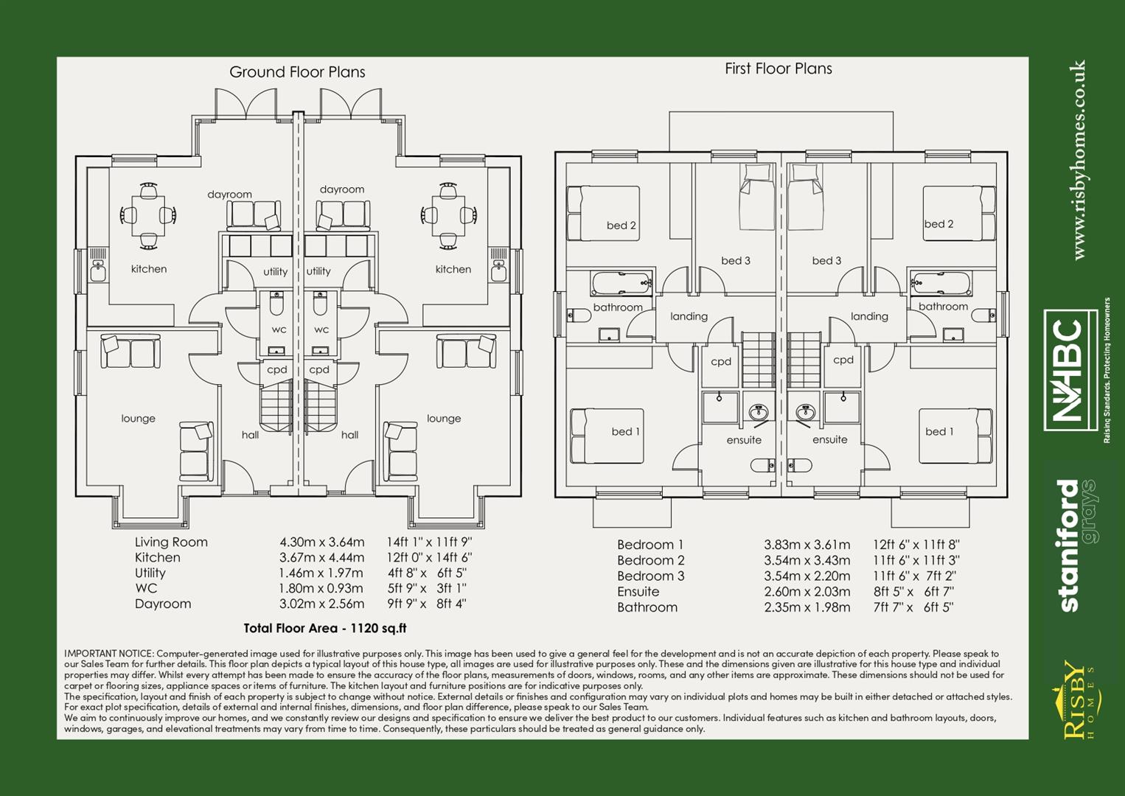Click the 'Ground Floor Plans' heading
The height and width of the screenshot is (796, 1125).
pos(297,72)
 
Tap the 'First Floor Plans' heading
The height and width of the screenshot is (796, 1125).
pos(778,69)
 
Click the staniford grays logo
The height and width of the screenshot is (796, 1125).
pos(1077,545)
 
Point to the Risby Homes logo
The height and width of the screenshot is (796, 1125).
pos(1076,699)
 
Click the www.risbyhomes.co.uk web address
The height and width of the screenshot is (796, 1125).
pos(1079,160)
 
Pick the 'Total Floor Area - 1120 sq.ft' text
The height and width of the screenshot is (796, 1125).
pos(324,629)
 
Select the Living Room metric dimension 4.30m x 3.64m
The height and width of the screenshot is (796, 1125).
pos(321,542)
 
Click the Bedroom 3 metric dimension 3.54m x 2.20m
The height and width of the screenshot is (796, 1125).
pos(807,576)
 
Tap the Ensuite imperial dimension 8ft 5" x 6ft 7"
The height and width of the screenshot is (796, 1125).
pos(913,592)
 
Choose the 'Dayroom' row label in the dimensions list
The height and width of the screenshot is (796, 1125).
pos(163,604)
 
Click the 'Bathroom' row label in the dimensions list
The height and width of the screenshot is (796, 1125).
pos(647,607)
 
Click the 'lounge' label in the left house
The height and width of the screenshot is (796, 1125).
pos(139,419)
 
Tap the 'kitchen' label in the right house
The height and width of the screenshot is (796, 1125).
pos(453,270)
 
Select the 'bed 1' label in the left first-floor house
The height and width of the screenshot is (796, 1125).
pos(625,432)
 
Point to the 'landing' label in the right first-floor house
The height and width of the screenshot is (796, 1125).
pos(869,317)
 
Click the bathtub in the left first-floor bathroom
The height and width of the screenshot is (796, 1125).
pos(621,283)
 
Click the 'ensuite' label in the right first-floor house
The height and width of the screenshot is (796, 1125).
pos(829,440)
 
